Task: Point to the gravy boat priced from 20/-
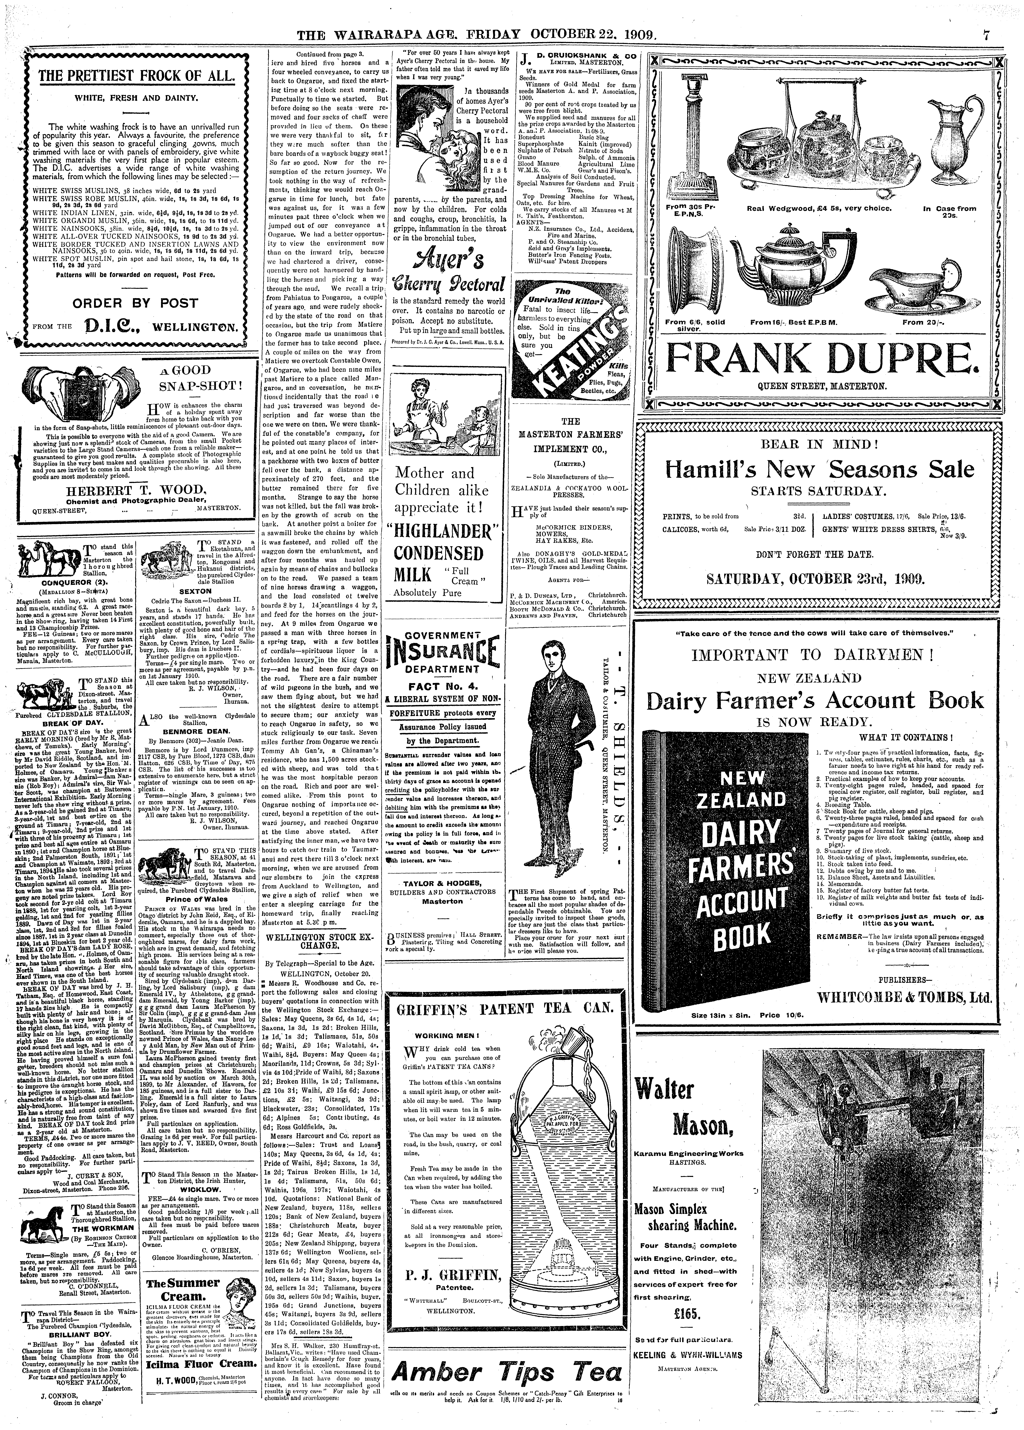click(x=912, y=281)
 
